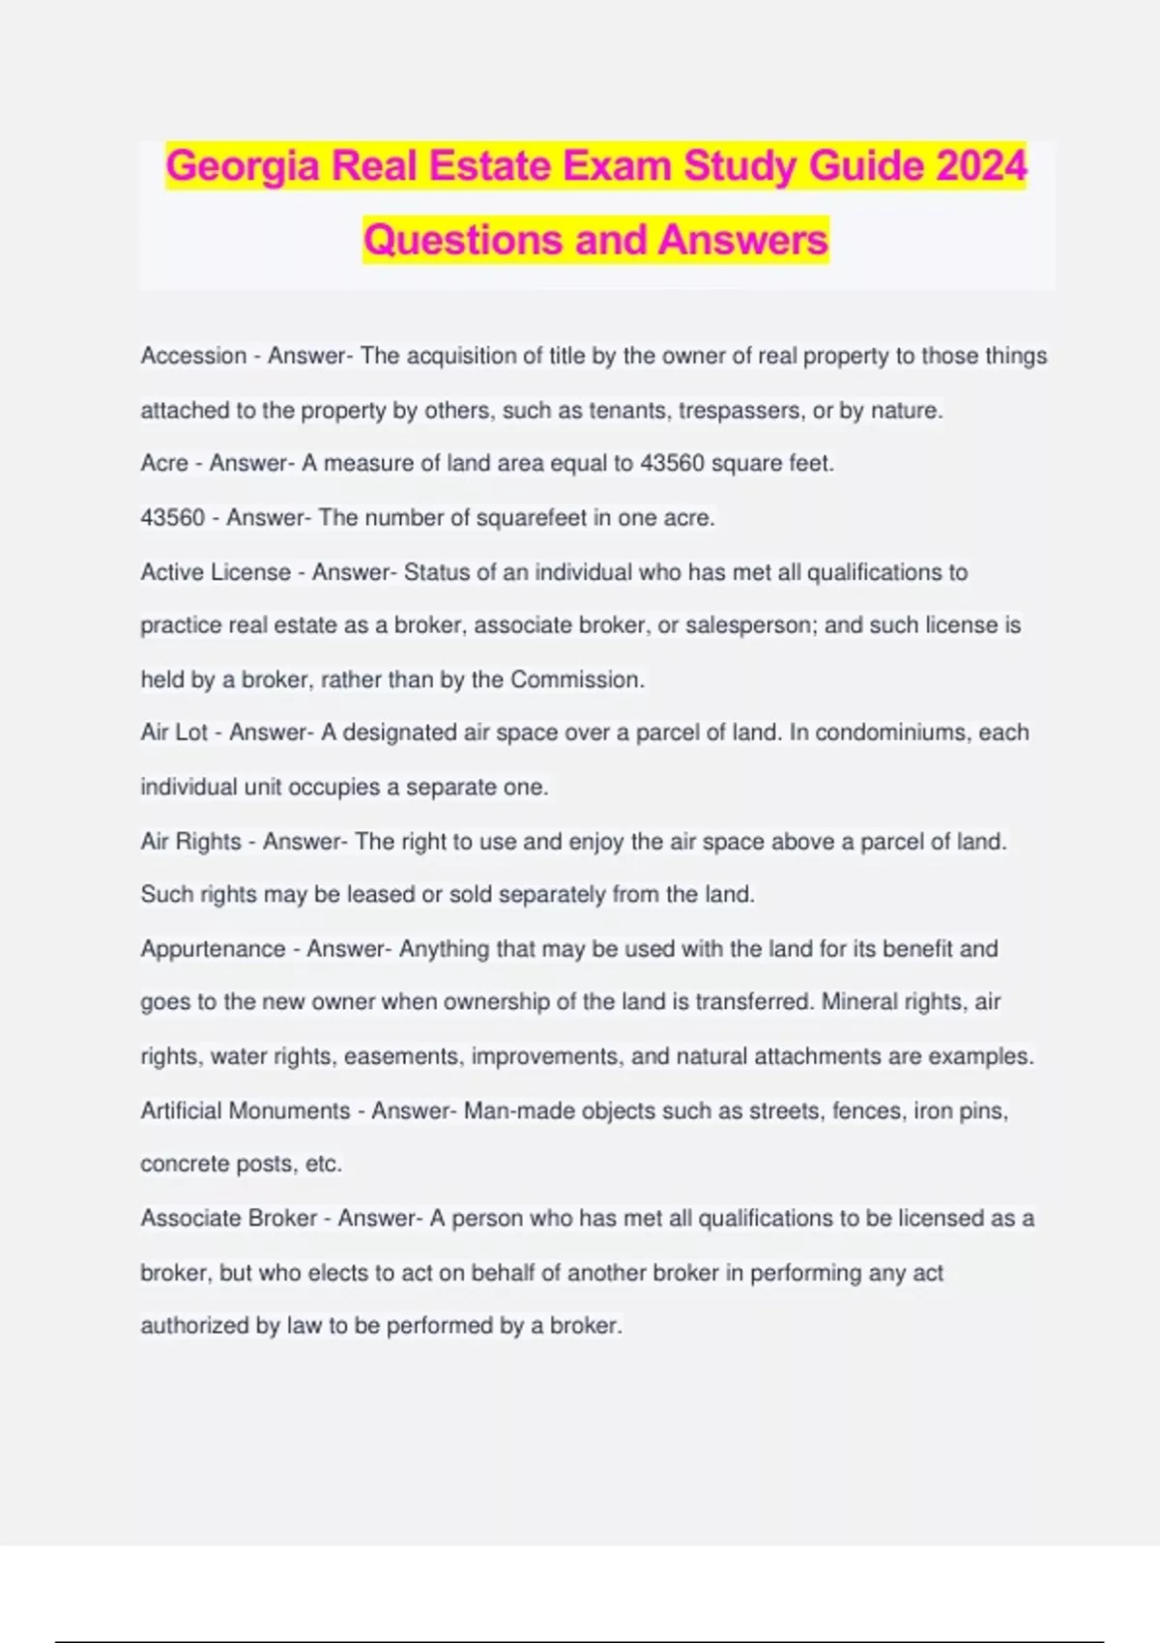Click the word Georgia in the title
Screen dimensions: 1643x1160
[x=243, y=166]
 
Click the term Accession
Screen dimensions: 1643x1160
[x=193, y=356]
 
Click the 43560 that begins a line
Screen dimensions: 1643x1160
[x=172, y=517]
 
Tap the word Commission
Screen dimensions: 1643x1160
[x=576, y=679]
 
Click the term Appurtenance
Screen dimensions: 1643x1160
[x=213, y=948]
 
